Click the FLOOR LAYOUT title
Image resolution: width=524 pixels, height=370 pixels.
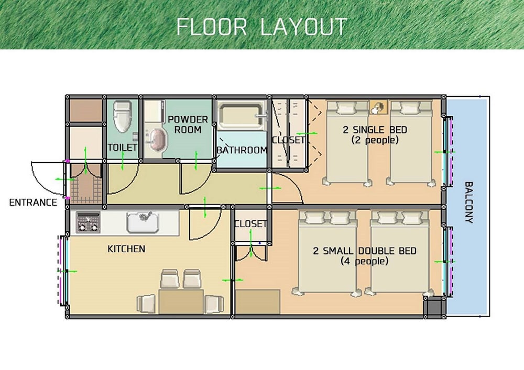pyautogui.click(x=261, y=27)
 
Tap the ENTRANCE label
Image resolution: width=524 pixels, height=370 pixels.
pyautogui.click(x=33, y=203)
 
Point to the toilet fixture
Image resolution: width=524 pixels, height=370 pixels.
pyautogui.click(x=122, y=117)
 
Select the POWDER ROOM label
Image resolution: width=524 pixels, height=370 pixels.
pyautogui.click(x=188, y=125)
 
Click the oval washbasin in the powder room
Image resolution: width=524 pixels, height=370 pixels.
pyautogui.click(x=158, y=141)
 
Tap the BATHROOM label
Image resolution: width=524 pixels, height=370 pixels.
pyautogui.click(x=242, y=150)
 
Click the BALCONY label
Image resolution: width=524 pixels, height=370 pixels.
pyautogui.click(x=469, y=203)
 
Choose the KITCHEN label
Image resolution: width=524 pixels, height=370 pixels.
pyautogui.click(x=126, y=249)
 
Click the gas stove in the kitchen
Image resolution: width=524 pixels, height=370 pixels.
pyautogui.click(x=88, y=222)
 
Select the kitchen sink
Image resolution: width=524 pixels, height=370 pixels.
pyautogui.click(x=143, y=222)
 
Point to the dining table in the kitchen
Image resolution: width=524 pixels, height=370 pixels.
pyautogui.click(x=181, y=302)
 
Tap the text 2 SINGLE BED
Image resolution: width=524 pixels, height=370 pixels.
pyautogui.click(x=375, y=129)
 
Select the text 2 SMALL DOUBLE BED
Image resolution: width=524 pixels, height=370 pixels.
pyautogui.click(x=365, y=251)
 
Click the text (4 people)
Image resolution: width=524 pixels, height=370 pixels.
pyautogui.click(x=365, y=261)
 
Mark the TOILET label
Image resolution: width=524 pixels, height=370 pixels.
pyautogui.click(x=122, y=148)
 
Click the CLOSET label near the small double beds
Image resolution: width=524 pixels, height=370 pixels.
pyautogui.click(x=250, y=223)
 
